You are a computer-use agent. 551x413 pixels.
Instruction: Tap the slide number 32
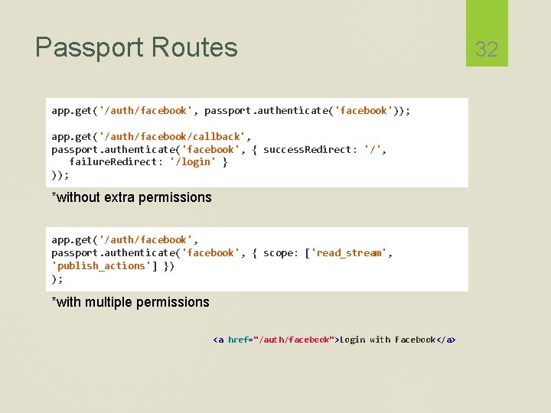click(x=486, y=50)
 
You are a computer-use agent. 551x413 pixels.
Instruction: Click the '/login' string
click(x=193, y=162)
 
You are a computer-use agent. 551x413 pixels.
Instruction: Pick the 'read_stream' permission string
click(x=349, y=252)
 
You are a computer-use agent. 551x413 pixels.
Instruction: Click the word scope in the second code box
click(x=279, y=252)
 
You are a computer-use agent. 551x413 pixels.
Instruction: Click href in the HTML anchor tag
click(x=239, y=340)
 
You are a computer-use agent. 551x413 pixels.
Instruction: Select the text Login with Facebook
click(x=387, y=340)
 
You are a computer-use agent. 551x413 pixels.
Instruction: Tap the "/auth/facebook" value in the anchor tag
click(x=295, y=340)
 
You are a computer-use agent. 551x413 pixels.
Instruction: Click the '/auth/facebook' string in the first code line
click(x=145, y=111)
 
